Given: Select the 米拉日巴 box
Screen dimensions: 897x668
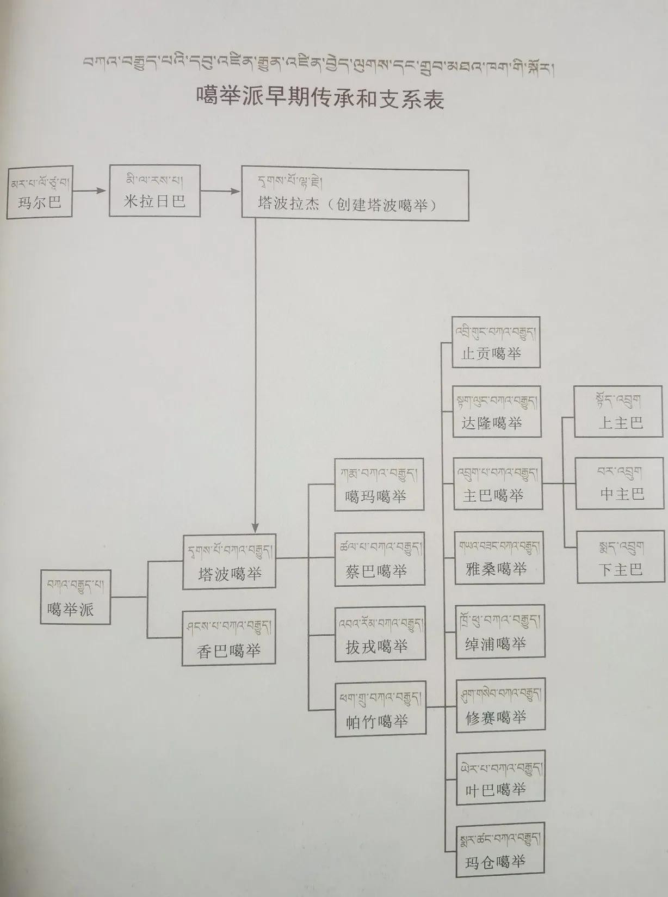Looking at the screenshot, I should pyautogui.click(x=154, y=191).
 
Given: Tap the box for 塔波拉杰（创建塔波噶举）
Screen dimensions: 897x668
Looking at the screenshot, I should pyautogui.click(x=355, y=195).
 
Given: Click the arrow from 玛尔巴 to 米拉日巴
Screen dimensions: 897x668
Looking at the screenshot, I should pyautogui.click(x=90, y=191).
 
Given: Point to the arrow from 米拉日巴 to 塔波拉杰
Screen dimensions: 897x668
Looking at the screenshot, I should pyautogui.click(x=220, y=191).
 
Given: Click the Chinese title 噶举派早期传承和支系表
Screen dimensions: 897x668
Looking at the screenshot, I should pyautogui.click(x=320, y=99).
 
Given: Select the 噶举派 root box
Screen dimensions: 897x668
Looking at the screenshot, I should pyautogui.click(x=75, y=597).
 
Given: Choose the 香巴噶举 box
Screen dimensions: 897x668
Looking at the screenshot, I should pyautogui.click(x=228, y=637).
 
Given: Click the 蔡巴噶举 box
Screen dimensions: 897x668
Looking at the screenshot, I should pyautogui.click(x=379, y=559).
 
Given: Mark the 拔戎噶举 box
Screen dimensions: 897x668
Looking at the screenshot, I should pyautogui.click(x=380, y=634).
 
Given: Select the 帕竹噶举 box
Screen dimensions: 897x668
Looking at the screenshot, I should pyautogui.click(x=380, y=709).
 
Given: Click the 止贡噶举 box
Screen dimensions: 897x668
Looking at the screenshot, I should pyautogui.click(x=496, y=342).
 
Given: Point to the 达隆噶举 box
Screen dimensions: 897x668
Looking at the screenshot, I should pyautogui.click(x=497, y=411).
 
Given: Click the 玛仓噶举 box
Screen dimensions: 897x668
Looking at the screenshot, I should pyautogui.click(x=500, y=850).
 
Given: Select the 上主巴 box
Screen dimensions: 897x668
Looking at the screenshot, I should pyautogui.click(x=618, y=411).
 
